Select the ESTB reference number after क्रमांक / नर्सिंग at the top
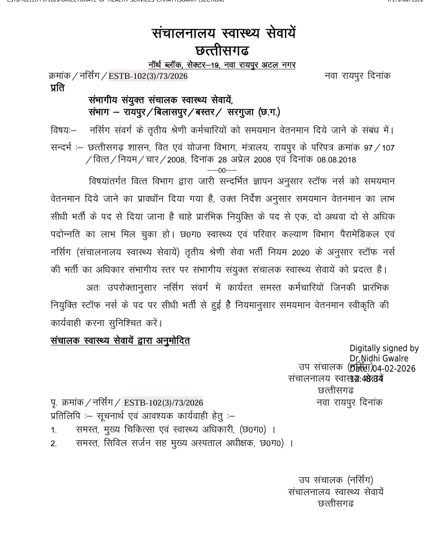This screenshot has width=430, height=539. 148,76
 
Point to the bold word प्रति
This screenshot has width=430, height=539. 57,88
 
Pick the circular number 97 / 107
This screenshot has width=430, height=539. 379,148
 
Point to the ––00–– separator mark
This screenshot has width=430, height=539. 222,171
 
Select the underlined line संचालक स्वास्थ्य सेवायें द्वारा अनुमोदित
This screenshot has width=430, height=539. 120,341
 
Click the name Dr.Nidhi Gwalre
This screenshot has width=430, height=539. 379,358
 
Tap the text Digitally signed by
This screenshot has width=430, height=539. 384,349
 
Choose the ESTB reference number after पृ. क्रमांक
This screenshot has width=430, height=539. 163,403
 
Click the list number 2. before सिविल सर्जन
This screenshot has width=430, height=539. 54,443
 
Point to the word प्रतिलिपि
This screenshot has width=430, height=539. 65,416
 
